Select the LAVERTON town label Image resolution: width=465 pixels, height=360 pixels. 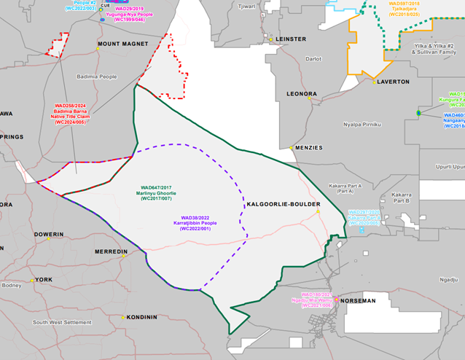[x=395, y=82]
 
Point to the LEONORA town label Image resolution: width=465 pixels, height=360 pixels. [x=301, y=94]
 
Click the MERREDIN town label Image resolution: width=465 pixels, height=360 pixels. [x=112, y=251]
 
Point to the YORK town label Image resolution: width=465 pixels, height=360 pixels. [x=44, y=280]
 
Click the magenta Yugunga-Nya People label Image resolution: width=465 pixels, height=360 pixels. [x=140, y=15]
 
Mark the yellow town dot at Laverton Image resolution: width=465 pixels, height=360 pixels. [x=374, y=82]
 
